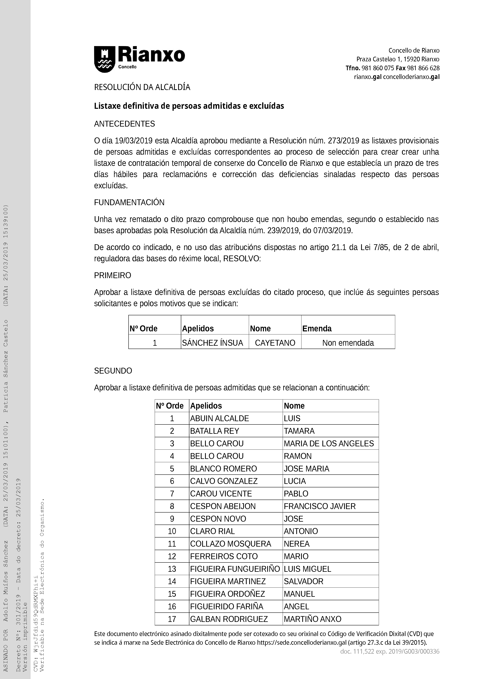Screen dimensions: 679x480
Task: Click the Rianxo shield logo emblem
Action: click(104, 59)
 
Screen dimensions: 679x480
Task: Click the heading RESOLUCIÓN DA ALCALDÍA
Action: click(142, 87)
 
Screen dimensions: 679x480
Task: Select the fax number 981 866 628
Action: click(423, 68)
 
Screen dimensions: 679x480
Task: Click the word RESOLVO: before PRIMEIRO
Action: click(242, 258)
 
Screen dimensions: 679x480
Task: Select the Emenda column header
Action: click(317, 328)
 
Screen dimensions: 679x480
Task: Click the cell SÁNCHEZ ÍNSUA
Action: click(212, 343)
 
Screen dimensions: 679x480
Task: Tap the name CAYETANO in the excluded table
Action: click(275, 343)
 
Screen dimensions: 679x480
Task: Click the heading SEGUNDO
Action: click(113, 371)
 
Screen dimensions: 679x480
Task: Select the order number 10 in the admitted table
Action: click(172, 531)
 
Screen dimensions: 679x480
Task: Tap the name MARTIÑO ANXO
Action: click(312, 619)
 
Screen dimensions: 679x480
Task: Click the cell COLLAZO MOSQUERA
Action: click(230, 544)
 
